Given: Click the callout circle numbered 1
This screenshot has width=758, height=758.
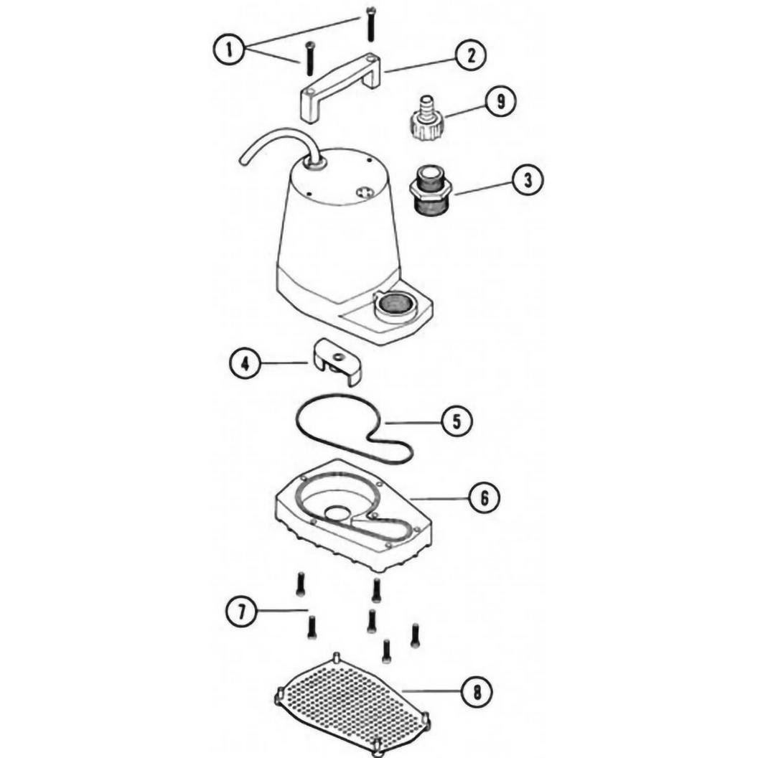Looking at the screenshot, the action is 229,50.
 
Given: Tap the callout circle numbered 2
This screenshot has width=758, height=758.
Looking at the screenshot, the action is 470,55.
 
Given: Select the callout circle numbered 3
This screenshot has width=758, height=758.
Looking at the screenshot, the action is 528,180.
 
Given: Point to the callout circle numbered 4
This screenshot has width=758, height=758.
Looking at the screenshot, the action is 245,363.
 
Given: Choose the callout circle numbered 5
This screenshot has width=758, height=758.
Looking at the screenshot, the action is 457,421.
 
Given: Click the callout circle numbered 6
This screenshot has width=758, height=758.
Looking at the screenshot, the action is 484,497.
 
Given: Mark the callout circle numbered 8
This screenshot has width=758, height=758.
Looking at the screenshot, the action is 477,693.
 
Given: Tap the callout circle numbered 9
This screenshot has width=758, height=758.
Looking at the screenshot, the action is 500,101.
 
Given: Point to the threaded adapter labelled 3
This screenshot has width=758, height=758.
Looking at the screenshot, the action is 431,191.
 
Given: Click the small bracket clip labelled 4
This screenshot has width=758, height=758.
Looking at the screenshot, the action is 337,362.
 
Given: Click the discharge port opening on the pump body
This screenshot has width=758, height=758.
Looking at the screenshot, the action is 395,304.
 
